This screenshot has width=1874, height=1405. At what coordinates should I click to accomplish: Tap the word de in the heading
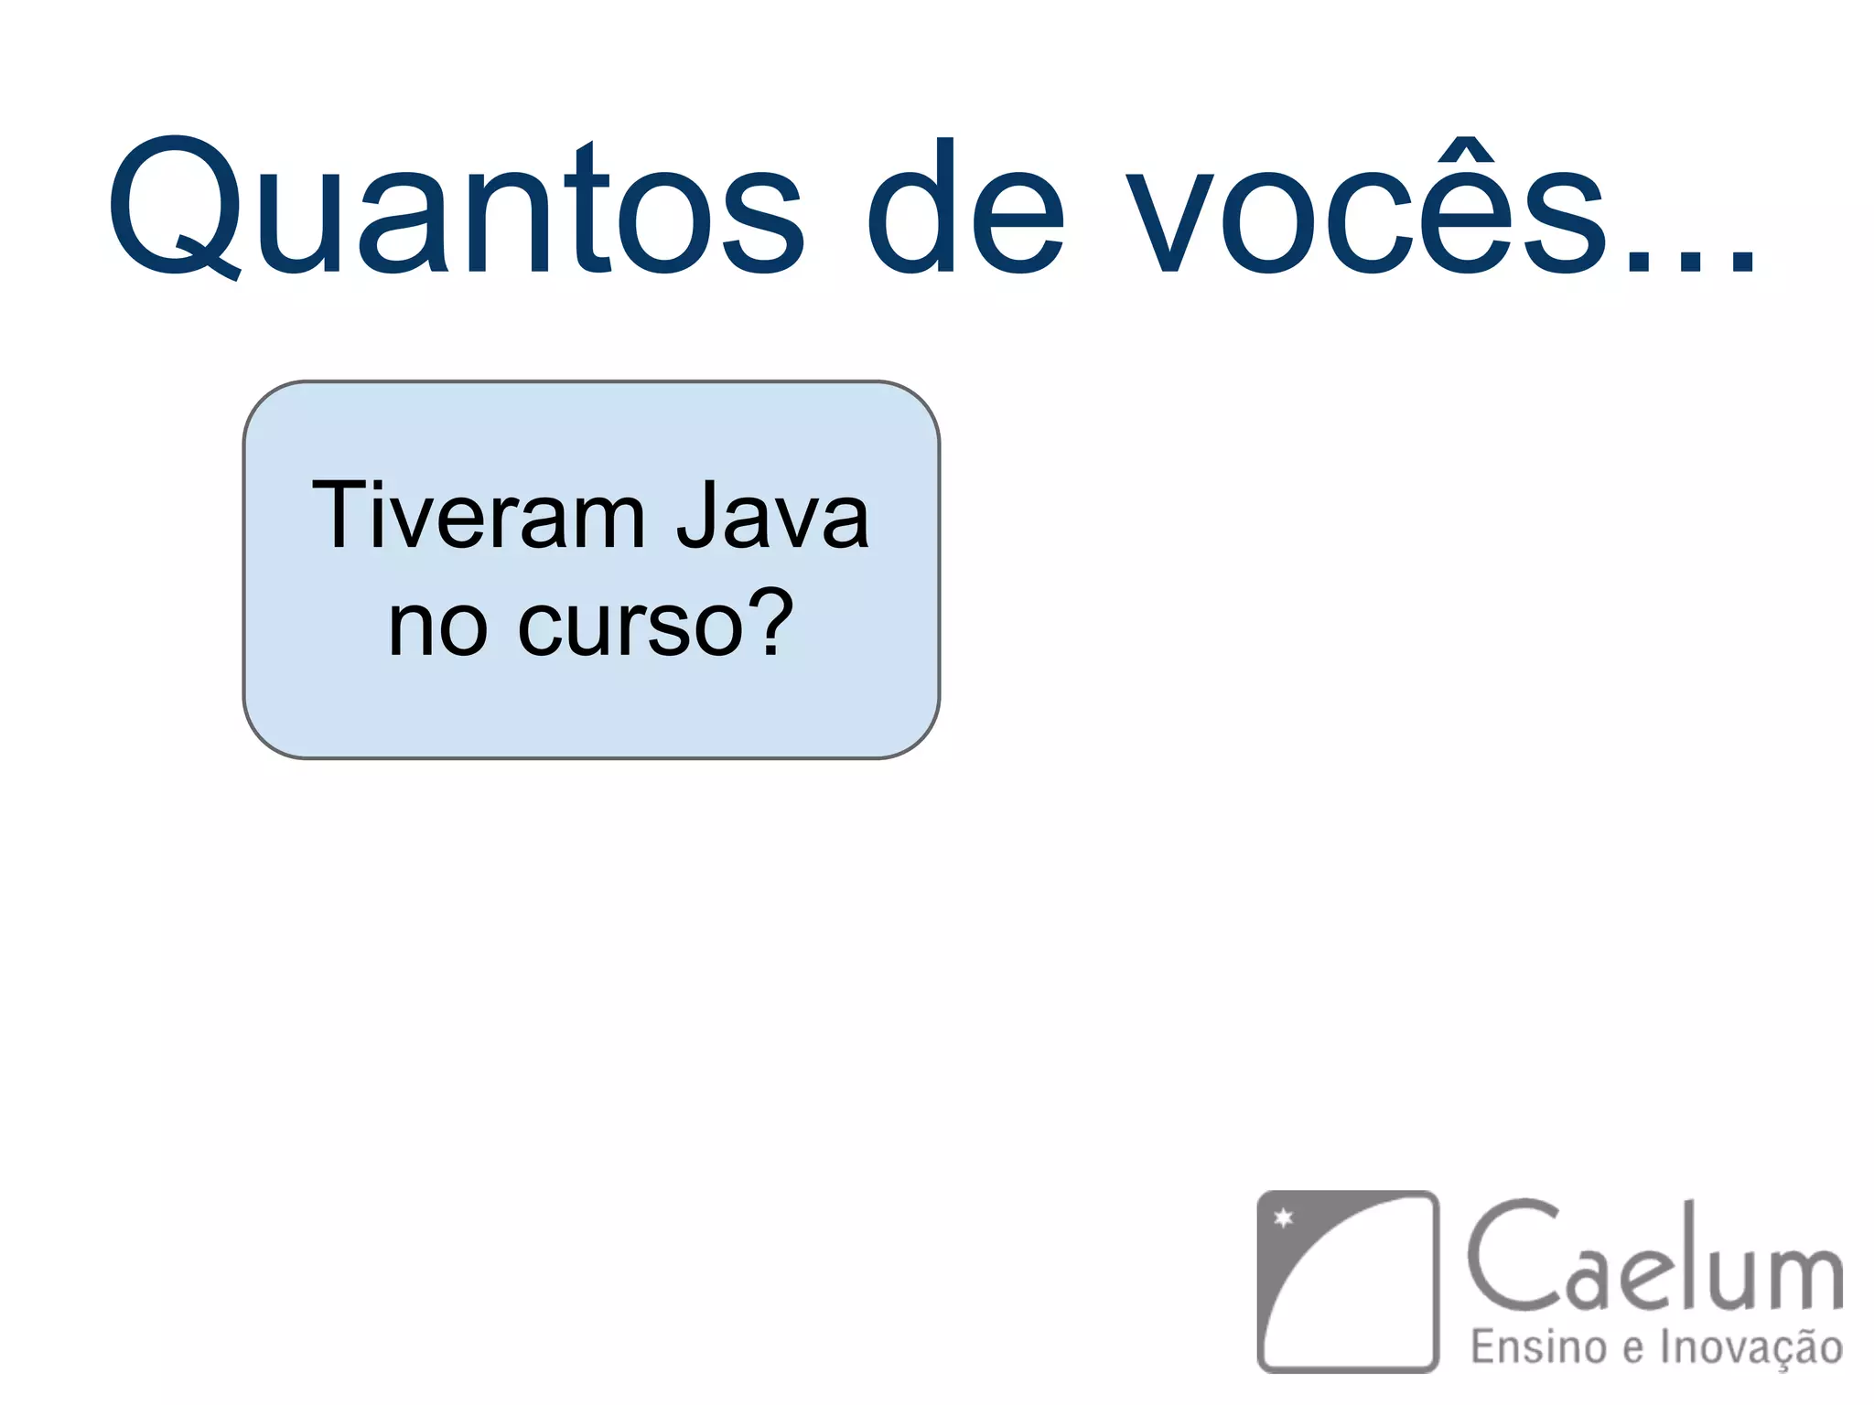[965, 209]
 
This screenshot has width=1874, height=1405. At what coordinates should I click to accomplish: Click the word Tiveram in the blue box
[479, 517]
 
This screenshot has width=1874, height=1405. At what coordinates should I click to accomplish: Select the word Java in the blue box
[773, 517]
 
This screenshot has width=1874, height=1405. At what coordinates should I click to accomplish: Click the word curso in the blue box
[631, 626]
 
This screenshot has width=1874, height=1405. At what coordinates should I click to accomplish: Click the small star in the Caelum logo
[1284, 1217]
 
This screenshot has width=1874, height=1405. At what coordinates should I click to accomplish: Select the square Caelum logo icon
[1347, 1281]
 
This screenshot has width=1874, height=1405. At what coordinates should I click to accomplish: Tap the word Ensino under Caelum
[1538, 1347]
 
